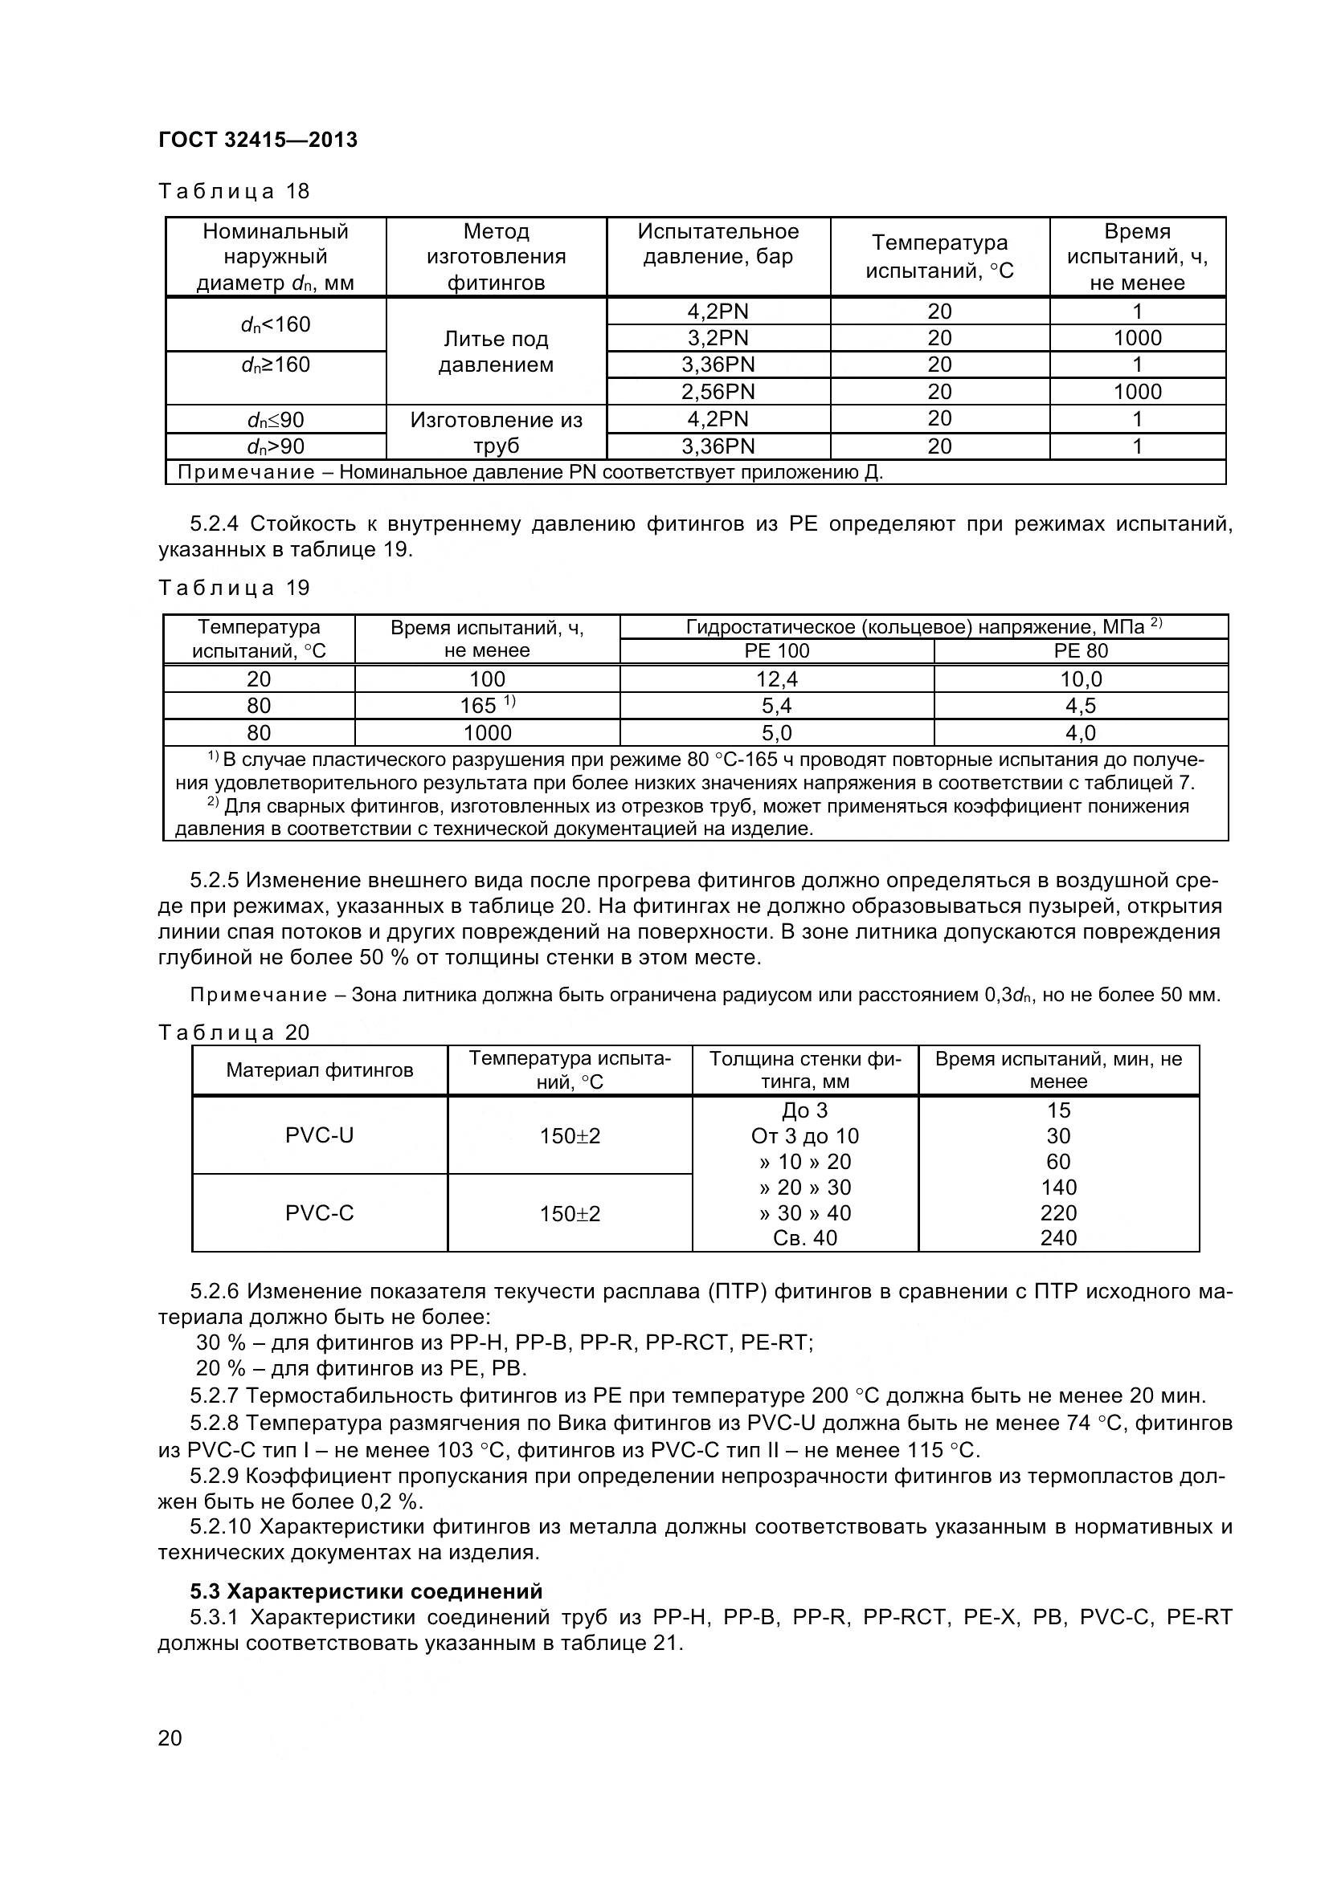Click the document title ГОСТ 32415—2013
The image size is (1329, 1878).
[258, 140]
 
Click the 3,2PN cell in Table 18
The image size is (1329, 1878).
[718, 338]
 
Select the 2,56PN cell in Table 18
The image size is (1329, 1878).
[718, 391]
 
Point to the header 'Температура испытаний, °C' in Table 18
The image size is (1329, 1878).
[939, 256]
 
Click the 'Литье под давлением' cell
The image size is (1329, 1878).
[496, 352]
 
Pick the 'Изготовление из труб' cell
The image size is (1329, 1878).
[496, 433]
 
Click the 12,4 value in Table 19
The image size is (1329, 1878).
[777, 679]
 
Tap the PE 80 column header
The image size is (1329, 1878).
[1080, 651]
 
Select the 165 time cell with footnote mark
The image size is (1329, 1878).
[487, 705]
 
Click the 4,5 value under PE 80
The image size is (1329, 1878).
[1080, 706]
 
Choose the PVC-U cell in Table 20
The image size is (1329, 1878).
[319, 1135]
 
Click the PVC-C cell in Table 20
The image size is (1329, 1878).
[319, 1213]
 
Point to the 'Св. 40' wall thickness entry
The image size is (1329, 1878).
[804, 1238]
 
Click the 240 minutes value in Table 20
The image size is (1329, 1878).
[1058, 1238]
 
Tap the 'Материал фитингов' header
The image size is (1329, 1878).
[319, 1071]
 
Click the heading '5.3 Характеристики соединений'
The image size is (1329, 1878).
[366, 1591]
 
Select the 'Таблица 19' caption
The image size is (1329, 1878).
[234, 587]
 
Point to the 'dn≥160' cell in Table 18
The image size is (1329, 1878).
[276, 365]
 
